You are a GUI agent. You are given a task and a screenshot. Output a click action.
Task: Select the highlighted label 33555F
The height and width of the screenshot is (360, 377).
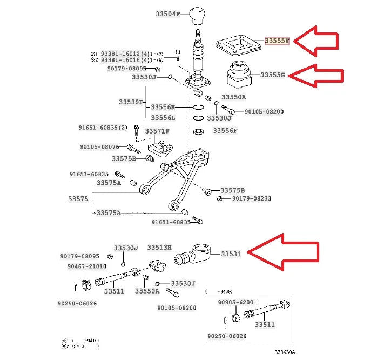tap(277, 41)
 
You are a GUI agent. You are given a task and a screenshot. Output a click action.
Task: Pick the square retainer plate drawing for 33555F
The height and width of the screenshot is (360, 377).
tap(237, 44)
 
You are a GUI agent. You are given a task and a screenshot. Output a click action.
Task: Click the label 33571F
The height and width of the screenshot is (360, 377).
tap(159, 131)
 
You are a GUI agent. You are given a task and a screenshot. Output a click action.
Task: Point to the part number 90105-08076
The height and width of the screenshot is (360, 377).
tap(99, 146)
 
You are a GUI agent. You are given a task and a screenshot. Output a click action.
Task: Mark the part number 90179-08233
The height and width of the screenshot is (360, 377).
tap(252, 199)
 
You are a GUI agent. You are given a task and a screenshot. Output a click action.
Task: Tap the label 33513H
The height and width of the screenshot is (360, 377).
tap(159, 247)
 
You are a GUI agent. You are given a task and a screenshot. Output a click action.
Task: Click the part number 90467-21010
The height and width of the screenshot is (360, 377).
tap(87, 266)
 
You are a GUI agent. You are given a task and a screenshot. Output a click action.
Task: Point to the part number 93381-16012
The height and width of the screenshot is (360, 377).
tap(123, 54)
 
